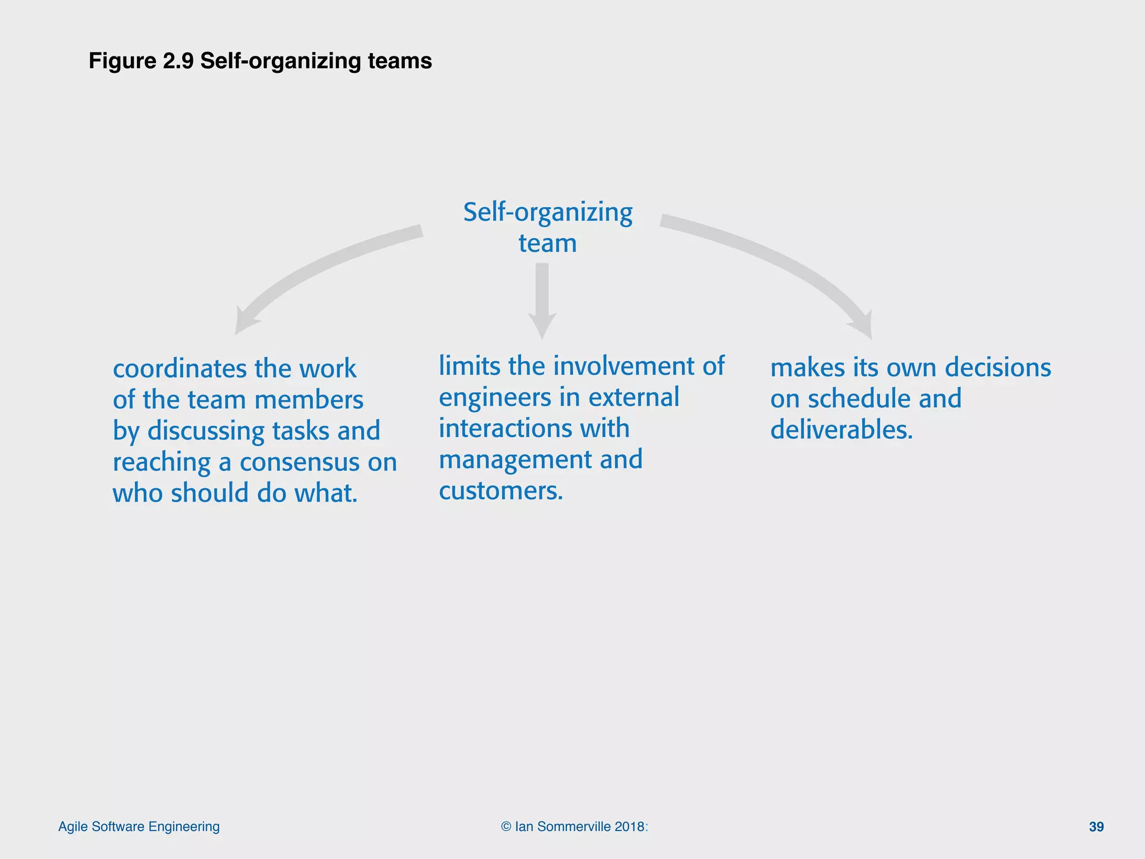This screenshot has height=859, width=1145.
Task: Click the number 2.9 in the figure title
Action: pyautogui.click(x=178, y=60)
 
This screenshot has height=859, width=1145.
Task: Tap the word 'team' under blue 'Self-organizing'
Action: pyautogui.click(x=547, y=243)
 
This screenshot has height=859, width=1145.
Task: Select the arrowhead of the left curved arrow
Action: pyautogui.click(x=245, y=322)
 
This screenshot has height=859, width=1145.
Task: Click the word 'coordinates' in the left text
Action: pyautogui.click(x=179, y=369)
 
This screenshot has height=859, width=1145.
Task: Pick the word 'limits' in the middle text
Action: pyautogui.click(x=469, y=366)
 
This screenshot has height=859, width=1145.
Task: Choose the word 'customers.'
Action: pyautogui.click(x=501, y=491)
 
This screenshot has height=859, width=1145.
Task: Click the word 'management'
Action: pyautogui.click(x=515, y=460)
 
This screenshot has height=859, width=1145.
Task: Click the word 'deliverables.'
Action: pyautogui.click(x=841, y=430)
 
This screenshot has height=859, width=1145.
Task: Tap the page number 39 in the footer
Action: pyautogui.click(x=1096, y=827)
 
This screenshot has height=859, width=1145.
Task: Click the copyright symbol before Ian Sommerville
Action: pyautogui.click(x=506, y=827)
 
